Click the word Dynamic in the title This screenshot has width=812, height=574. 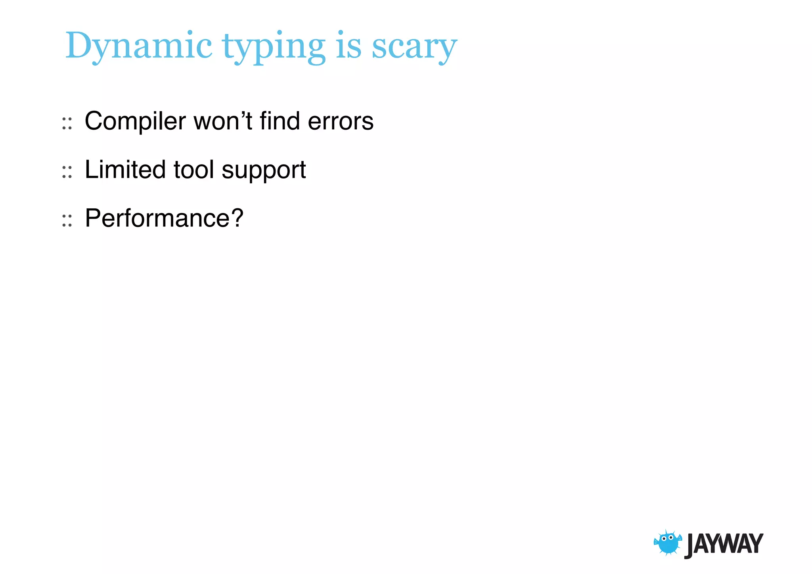139,46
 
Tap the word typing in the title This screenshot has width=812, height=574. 274,48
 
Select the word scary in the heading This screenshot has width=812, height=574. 414,48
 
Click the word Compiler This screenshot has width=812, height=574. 135,121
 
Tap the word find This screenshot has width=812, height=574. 280,121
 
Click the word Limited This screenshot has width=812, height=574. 125,170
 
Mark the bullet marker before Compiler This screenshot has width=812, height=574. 67,124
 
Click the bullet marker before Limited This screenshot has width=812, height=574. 67,172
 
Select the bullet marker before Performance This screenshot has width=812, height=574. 67,221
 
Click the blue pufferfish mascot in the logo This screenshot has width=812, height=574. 668,543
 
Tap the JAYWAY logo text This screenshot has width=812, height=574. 724,544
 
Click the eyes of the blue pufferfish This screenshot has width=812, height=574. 667,538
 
